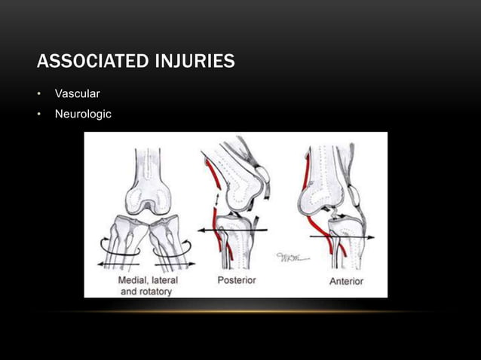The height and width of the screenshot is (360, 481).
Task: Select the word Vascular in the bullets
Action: click(x=78, y=93)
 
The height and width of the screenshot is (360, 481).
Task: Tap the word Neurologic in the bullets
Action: click(x=83, y=114)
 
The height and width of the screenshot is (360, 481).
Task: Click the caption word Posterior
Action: click(x=237, y=280)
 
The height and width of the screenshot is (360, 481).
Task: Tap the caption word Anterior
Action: click(x=346, y=281)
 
